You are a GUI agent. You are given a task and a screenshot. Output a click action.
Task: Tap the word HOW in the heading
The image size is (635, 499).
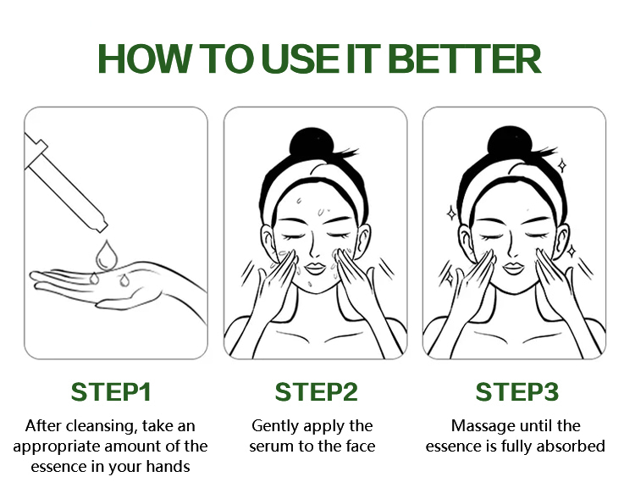click(145, 59)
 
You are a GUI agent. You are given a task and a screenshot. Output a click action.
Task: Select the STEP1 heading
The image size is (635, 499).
click(111, 392)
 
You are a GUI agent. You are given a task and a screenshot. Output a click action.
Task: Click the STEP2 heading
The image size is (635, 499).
click(317, 392)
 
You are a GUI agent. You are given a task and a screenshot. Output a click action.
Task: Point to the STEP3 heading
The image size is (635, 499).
click(517, 392)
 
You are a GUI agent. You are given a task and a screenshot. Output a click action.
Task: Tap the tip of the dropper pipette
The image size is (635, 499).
click(103, 228)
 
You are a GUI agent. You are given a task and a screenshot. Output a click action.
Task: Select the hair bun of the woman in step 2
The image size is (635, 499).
click(311, 142)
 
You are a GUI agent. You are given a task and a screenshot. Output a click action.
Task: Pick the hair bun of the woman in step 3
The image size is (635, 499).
click(509, 141)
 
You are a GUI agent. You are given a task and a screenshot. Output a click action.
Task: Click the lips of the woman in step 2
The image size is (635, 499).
click(315, 269)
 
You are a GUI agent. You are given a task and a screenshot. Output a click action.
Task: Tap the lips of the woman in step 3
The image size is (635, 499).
click(513, 269)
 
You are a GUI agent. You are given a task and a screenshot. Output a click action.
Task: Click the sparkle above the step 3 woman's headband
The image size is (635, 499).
click(561, 165)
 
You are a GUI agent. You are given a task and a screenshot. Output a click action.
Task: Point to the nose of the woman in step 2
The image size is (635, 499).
click(314, 252)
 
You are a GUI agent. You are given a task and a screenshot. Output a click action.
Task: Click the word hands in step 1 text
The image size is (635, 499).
click(168, 467)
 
